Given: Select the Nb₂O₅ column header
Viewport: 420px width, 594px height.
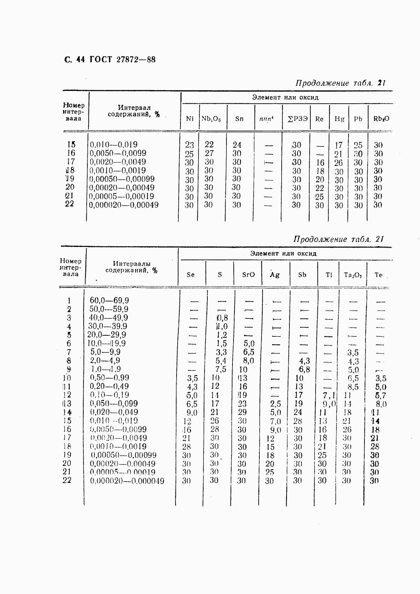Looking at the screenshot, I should pos(211,119).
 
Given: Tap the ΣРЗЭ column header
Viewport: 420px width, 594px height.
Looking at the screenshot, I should pos(298,119).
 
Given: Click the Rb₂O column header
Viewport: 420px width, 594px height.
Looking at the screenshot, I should pos(381,119).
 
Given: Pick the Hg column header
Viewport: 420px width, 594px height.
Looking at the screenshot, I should pos(339,119).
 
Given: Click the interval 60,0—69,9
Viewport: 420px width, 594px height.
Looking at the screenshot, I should pos(109,301).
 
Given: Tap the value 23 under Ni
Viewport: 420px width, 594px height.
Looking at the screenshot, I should pos(189,145).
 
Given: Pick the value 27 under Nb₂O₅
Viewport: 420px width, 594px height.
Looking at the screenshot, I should pos(209,153).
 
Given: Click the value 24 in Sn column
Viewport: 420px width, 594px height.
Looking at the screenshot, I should pos(237,145).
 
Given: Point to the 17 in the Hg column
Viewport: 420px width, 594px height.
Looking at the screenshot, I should pos(339,145).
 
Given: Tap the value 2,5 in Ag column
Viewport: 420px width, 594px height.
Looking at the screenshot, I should pos(276,404).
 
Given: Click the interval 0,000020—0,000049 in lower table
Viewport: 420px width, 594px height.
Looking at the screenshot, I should pos(127,481).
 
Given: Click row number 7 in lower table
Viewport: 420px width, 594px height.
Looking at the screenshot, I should pos(69,352).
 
